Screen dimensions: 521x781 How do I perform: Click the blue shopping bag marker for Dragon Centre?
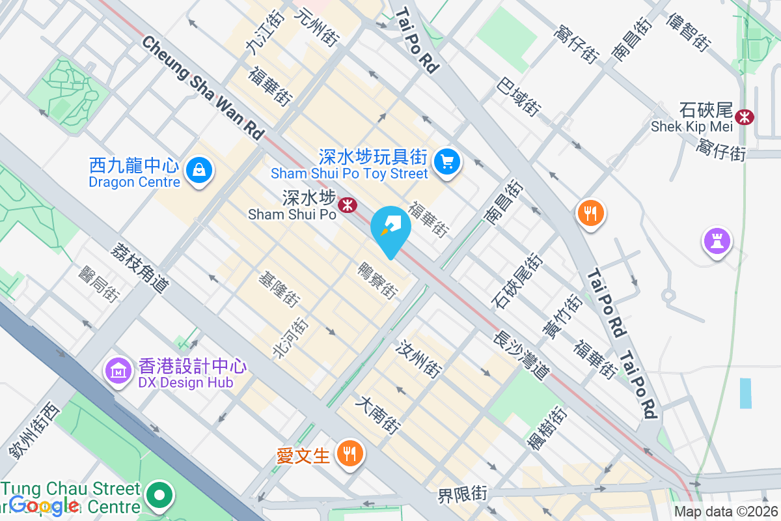click(x=199, y=171)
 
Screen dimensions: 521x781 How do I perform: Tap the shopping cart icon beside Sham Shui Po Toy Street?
click(x=446, y=161)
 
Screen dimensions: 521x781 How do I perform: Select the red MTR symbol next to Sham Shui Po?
click(x=348, y=205)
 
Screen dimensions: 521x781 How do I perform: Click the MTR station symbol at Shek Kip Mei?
click(x=744, y=117)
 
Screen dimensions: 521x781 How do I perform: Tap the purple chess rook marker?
click(x=717, y=241)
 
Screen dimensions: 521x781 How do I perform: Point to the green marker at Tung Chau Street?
click(x=158, y=496)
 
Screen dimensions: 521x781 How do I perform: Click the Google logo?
click(x=44, y=505)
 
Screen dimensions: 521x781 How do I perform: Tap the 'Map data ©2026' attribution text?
click(x=725, y=512)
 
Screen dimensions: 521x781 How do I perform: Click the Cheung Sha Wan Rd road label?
click(x=204, y=87)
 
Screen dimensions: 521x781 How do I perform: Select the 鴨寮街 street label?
click(x=377, y=281)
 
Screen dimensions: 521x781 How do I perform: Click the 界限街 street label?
click(x=461, y=494)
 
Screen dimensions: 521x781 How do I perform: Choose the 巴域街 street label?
click(x=519, y=97)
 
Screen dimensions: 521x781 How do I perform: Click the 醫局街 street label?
click(x=98, y=284)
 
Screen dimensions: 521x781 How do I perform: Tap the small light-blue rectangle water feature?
click(x=745, y=393)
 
